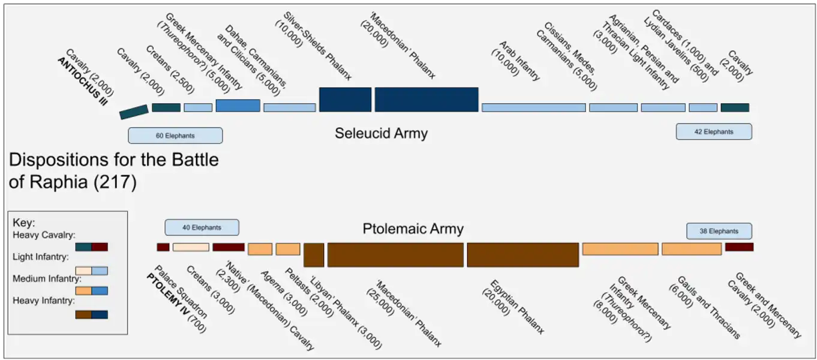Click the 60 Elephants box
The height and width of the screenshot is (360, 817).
(x=175, y=136)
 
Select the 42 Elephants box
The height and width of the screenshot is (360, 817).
(x=714, y=131)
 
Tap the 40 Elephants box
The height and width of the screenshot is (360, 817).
(x=202, y=227)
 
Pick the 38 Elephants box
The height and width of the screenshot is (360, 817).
(x=719, y=231)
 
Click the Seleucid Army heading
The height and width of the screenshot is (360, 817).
(x=381, y=133)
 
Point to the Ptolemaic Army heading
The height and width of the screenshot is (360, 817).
(x=413, y=229)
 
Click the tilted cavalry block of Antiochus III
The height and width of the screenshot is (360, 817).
(x=134, y=112)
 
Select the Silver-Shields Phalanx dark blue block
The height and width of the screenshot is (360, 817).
(x=345, y=99)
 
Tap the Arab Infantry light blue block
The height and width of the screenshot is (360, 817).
(x=534, y=107)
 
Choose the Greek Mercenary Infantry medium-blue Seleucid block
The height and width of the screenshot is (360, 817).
(x=238, y=106)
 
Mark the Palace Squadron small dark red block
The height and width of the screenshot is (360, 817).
(x=163, y=247)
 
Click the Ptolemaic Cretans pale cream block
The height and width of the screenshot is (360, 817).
(x=191, y=247)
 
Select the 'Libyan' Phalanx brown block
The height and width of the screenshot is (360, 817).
(x=314, y=254)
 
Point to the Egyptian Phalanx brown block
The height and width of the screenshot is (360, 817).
(x=522, y=254)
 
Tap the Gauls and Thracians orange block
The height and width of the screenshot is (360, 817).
(x=692, y=249)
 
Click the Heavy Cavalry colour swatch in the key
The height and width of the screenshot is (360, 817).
(x=92, y=247)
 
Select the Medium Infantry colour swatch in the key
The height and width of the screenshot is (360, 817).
(x=92, y=290)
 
